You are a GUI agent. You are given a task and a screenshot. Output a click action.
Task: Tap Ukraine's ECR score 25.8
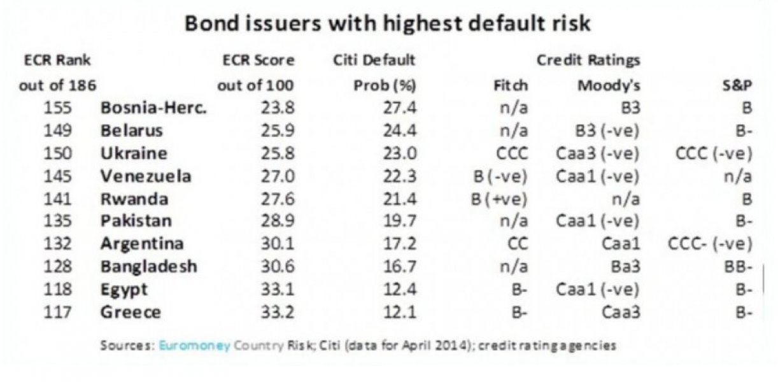278,153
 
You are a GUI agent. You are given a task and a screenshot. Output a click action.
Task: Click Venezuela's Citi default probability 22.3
399,176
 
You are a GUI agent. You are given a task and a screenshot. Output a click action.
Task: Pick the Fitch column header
511,85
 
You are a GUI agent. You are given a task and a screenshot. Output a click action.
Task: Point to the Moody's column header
609,85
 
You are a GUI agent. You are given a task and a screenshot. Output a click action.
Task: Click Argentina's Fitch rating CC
517,244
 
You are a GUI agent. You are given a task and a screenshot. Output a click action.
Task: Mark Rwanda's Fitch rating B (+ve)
499,199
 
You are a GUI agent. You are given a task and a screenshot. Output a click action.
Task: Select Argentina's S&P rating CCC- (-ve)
710,244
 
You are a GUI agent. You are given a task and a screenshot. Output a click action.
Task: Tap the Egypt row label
124,290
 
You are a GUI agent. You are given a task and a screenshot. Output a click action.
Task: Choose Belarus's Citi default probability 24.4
399,131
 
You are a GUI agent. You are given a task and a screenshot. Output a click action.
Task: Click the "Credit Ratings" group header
588,61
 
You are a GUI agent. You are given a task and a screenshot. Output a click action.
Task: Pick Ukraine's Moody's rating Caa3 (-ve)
597,153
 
